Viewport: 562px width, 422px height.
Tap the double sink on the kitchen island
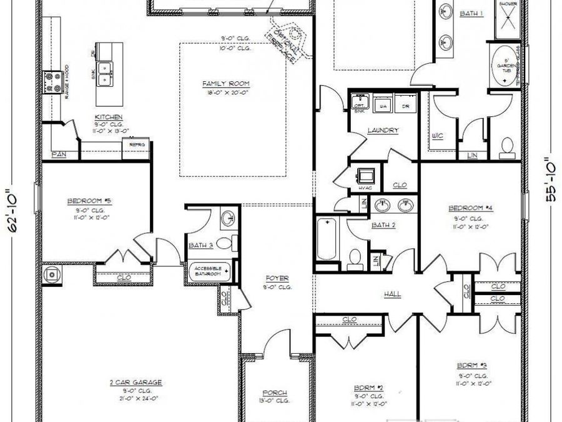tap(107, 75)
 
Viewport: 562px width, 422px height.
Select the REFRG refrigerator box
tap(136, 144)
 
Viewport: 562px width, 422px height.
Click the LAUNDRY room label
tap(383, 131)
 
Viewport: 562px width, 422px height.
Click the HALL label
tap(393, 294)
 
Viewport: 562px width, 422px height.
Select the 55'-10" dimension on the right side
tap(550, 179)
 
